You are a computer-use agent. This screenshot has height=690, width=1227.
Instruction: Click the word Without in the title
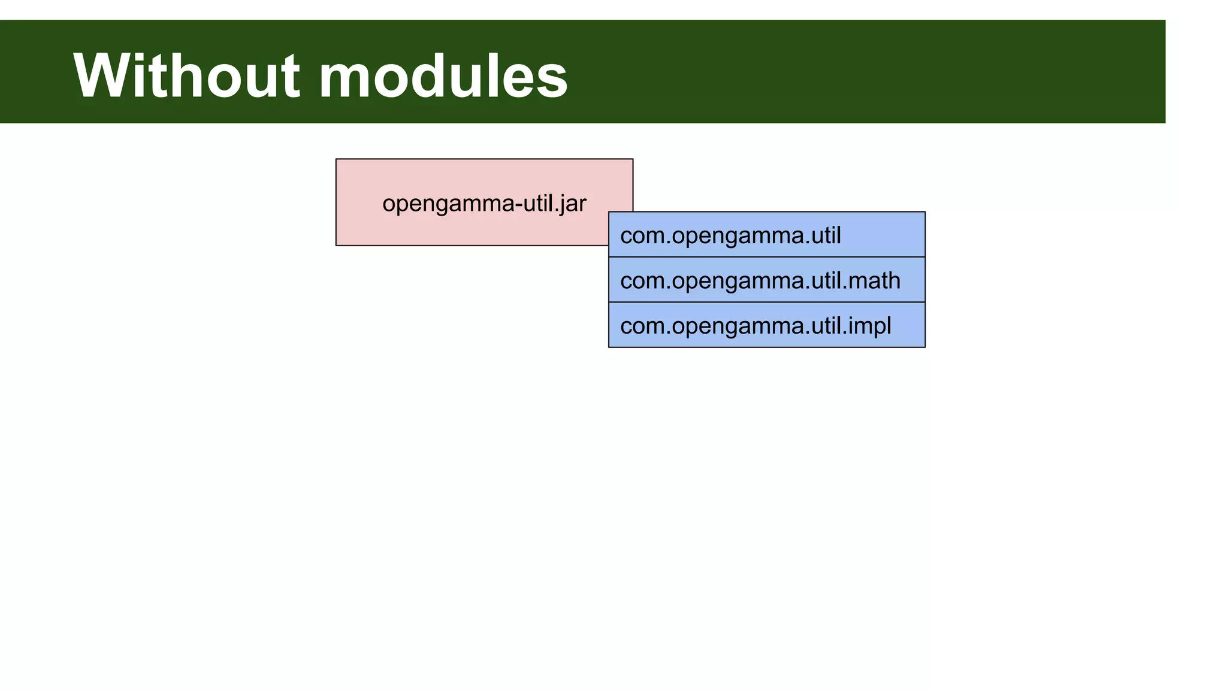pos(186,76)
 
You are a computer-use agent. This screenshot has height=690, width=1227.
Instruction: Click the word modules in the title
pos(443,76)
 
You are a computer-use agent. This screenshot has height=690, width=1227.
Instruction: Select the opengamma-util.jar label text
pos(484,204)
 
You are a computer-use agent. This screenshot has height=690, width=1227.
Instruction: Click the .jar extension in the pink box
pos(569,204)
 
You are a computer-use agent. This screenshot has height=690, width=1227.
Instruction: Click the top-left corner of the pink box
pos(336,159)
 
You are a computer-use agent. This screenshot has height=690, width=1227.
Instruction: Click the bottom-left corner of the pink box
pos(336,245)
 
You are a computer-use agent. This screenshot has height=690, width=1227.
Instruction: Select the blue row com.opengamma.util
pos(766,235)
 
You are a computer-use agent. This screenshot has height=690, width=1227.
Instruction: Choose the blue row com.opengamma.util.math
pos(766,280)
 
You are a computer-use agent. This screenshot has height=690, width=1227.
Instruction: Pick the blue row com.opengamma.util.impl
pos(766,325)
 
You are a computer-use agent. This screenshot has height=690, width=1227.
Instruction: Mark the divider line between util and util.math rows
pos(766,257)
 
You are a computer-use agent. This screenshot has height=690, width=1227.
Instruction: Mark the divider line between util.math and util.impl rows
pos(766,302)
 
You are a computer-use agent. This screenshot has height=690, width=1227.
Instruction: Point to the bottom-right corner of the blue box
pos(925,347)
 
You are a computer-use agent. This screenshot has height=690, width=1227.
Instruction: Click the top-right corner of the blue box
pos(925,212)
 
